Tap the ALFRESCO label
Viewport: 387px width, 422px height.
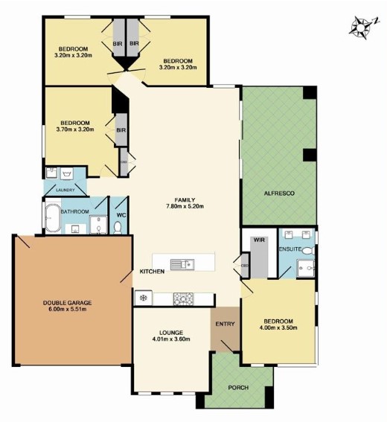tap(279, 194)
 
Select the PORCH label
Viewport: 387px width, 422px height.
tap(238, 388)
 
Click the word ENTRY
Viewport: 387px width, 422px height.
tap(225, 324)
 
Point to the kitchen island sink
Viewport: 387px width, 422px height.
tap(182, 264)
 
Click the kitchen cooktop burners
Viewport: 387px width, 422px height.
tap(183, 298)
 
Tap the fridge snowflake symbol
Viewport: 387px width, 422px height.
tap(144, 298)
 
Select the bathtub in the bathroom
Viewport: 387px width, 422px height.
tap(53, 219)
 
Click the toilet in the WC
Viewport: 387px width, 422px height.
tap(118, 228)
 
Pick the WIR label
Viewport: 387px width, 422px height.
tap(259, 240)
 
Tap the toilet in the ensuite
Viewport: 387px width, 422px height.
tap(308, 251)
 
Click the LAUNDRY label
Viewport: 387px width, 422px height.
tap(65, 190)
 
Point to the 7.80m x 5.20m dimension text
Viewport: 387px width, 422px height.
tap(185, 206)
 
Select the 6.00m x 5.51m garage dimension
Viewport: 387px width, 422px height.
tap(68, 309)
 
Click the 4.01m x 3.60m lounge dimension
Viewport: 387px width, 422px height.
tap(171, 339)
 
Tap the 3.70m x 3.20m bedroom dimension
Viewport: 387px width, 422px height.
tap(75, 130)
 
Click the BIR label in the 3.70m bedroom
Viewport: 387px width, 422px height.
tap(121, 130)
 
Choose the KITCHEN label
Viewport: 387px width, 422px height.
tap(152, 272)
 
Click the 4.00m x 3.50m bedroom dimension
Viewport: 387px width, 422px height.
tap(278, 327)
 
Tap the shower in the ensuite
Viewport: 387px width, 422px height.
tap(305, 268)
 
